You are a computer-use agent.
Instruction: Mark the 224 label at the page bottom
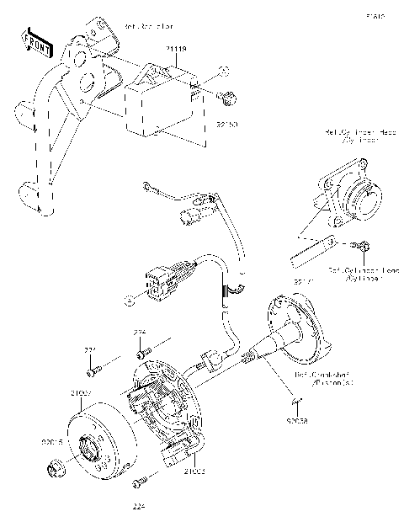click(139, 506)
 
